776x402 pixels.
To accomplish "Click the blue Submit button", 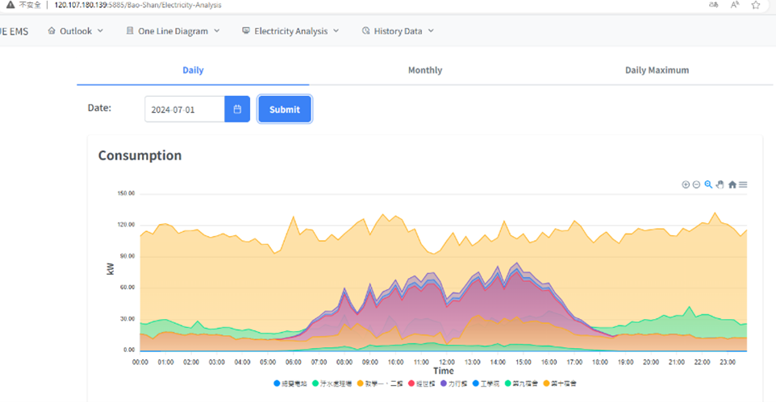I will (x=284, y=110).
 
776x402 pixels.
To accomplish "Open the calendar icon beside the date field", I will (x=237, y=110).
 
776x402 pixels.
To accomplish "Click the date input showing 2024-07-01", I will (x=185, y=110).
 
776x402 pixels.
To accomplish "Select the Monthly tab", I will (x=424, y=70).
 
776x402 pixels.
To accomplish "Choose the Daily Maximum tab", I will (x=657, y=70).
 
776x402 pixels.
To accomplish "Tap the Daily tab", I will (x=193, y=70).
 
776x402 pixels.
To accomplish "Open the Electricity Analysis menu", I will (x=290, y=31).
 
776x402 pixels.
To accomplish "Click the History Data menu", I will (x=398, y=31).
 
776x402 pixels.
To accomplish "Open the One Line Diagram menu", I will (x=173, y=31).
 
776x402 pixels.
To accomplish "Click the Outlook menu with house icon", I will (x=76, y=31).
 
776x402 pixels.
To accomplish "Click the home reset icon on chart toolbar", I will (x=732, y=184).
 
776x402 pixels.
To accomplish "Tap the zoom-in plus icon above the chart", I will (x=686, y=184).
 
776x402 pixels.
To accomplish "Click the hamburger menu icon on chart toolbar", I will (x=743, y=184).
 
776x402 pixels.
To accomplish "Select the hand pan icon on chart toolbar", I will (x=720, y=184).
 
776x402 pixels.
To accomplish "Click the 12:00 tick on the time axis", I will (x=446, y=363).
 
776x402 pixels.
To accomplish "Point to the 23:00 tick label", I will (x=727, y=363).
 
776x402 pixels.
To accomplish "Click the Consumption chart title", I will (x=140, y=155).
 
